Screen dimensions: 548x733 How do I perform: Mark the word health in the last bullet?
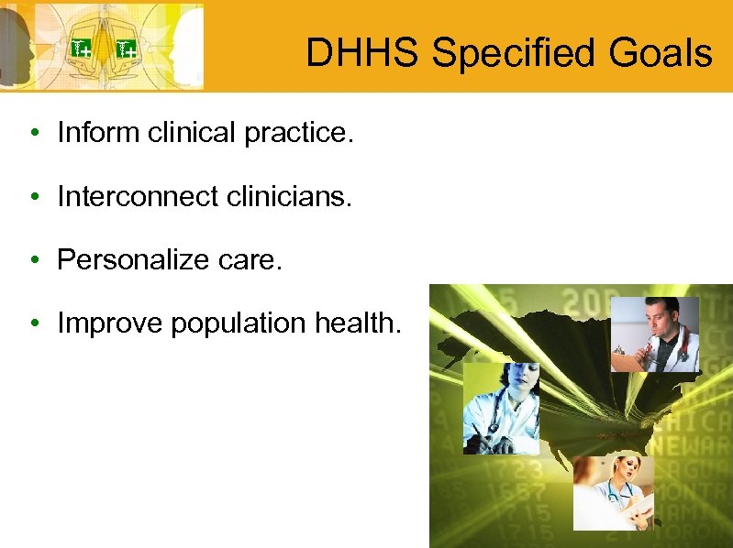[359, 323]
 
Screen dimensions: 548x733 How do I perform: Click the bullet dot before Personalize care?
[32, 261]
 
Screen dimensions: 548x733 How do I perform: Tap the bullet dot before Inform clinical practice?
[32, 134]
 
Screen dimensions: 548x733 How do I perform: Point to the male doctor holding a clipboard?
[654, 334]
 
